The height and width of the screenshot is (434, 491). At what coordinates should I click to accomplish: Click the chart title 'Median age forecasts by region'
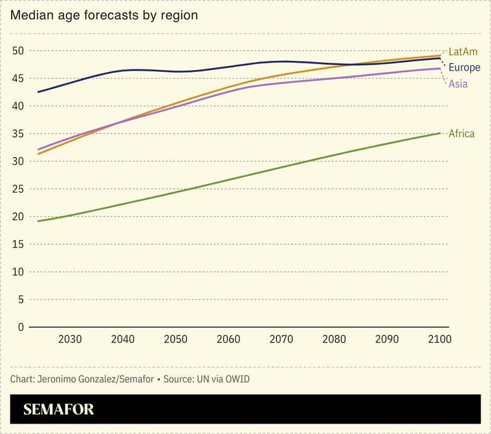click(103, 15)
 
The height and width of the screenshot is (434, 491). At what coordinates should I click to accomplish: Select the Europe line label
click(465, 68)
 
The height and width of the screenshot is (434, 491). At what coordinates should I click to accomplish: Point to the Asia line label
click(458, 84)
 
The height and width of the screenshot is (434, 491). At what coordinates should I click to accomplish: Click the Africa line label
click(462, 133)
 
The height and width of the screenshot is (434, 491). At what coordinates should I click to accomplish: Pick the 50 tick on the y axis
click(18, 50)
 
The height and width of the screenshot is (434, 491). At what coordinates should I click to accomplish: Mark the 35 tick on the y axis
click(18, 133)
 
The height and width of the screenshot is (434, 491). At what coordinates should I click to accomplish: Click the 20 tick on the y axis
click(18, 216)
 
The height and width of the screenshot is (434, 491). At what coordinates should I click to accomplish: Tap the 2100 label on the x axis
click(439, 340)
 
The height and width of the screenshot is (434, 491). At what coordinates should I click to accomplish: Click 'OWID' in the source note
click(237, 379)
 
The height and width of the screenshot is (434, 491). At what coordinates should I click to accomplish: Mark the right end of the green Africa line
click(440, 133)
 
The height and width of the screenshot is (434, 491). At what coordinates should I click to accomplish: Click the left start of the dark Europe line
click(38, 92)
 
